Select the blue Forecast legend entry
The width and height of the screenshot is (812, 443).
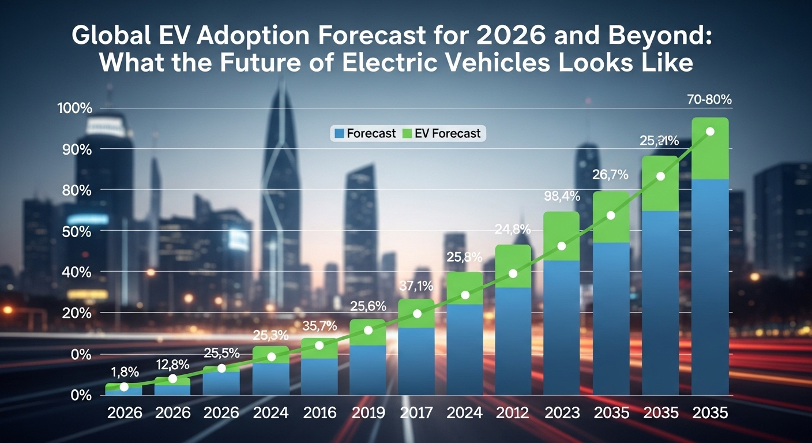365,133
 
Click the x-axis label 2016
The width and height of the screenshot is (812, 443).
319,413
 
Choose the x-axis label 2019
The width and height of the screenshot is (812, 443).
368,413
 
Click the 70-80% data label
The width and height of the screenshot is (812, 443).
709,99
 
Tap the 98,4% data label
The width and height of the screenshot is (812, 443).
562,196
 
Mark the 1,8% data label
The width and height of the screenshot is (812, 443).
123,371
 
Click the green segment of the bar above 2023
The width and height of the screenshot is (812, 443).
562,228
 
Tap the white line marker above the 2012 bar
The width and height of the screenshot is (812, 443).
513,273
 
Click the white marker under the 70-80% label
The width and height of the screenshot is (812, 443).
710,132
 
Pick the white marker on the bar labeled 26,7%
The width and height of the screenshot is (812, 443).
611,216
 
